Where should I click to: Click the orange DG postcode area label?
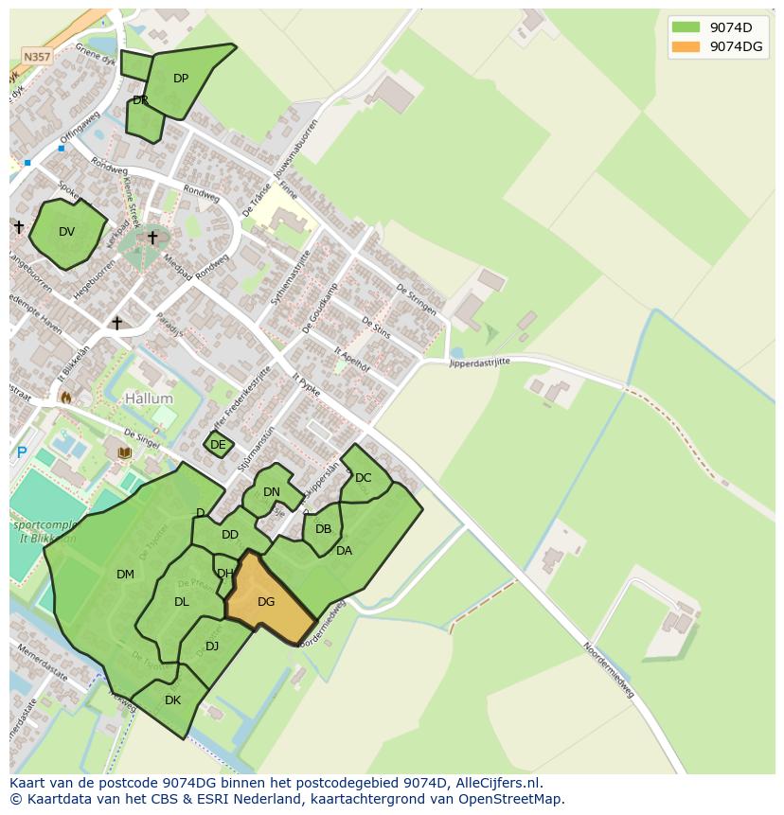pos(266,602)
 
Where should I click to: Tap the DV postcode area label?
pos(66,232)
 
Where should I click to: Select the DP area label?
pos(181,79)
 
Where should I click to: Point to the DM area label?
pos(125,575)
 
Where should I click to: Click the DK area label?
pos(172,700)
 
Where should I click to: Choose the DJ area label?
pos(212,647)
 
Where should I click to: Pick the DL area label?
pos(182,602)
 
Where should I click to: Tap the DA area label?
pos(344,551)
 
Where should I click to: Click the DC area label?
pos(364,478)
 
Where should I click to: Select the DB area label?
pos(324,529)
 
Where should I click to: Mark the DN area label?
pos(272,491)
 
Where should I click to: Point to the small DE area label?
pos(218,445)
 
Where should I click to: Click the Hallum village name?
pos(149,399)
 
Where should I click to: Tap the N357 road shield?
pos(37,57)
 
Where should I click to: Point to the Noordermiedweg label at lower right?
pos(608,671)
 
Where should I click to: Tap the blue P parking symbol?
pos(21,453)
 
